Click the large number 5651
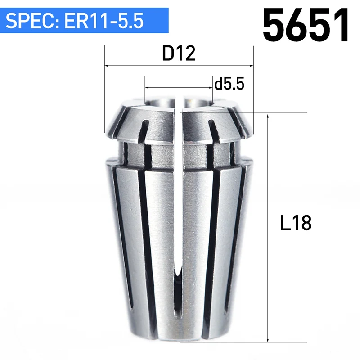306,25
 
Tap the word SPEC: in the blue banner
31,21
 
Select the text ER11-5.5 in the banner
104,21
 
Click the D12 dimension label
179,53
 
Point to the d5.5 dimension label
229,83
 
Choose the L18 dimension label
296,222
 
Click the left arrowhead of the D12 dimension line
107,66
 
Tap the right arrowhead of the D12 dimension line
252,66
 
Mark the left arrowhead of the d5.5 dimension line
147,87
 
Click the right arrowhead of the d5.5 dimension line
210,87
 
